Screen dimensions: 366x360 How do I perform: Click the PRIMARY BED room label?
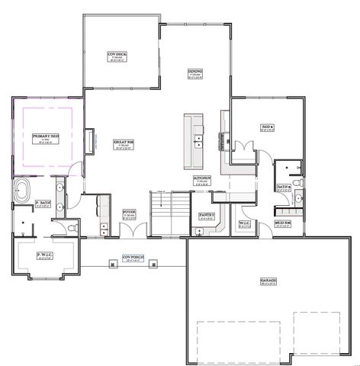(40, 136)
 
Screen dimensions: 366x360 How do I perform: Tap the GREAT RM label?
(124, 142)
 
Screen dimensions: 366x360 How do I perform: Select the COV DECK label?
(116, 55)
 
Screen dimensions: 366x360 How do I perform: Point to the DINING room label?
(195, 74)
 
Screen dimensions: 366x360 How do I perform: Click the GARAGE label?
(268, 281)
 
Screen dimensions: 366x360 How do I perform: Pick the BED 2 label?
(267, 127)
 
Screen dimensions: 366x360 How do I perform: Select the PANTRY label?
(205, 215)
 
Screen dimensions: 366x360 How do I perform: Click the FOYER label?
(129, 213)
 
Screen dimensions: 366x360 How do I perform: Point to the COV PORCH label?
(133, 258)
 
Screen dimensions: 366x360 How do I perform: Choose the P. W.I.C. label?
(47, 254)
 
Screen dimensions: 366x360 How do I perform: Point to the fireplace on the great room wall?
(91, 142)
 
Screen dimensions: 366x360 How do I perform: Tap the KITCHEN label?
(201, 178)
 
